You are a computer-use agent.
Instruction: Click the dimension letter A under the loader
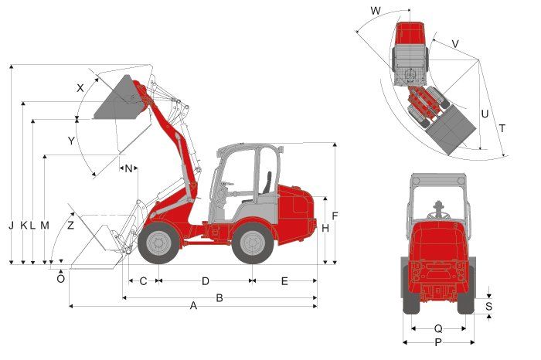[x=193, y=305]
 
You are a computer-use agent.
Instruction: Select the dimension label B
[x=219, y=297]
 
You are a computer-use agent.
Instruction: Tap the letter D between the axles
[x=206, y=281]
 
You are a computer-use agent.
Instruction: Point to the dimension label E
[x=284, y=281]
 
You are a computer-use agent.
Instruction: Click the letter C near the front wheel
[x=143, y=281]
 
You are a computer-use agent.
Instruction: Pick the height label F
[x=335, y=216]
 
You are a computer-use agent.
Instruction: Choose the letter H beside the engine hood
[x=325, y=228]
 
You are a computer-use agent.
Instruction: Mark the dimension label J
[x=12, y=226]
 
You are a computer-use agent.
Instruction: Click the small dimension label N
[x=128, y=168]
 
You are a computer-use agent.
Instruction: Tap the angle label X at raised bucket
[x=80, y=88]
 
